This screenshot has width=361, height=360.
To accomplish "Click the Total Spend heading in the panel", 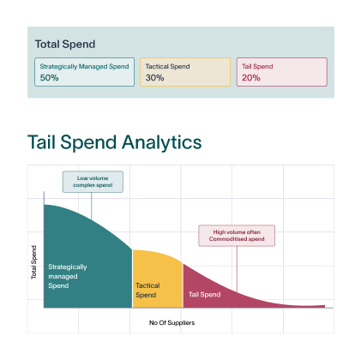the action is click(65, 45).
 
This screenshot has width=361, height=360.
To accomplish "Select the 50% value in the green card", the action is click(49, 78).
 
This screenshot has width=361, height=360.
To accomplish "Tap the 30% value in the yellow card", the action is click(154, 78).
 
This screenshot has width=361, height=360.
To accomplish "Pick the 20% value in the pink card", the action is click(251, 78).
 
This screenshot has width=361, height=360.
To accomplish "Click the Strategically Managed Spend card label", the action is click(84, 67).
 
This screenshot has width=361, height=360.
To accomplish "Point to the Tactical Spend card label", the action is click(167, 66).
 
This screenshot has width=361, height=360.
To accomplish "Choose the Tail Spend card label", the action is click(257, 66).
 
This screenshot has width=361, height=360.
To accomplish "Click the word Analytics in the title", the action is click(162, 142).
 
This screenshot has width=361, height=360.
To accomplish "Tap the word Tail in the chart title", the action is click(41, 141).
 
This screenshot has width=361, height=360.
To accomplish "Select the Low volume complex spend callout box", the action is click(93, 182).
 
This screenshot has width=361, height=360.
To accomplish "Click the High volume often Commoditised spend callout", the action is click(237, 236).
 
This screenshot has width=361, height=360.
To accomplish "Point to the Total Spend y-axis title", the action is click(33, 262).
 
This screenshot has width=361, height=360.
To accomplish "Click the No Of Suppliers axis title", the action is click(171, 322).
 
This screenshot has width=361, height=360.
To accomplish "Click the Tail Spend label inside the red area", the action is click(204, 295).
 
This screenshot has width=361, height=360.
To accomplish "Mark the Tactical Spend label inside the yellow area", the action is click(147, 291).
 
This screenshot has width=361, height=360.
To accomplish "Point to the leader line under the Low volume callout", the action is click(92, 206).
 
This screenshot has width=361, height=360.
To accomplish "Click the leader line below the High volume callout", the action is click(237, 269).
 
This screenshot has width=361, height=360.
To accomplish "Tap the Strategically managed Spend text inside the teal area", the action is click(68, 276).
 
